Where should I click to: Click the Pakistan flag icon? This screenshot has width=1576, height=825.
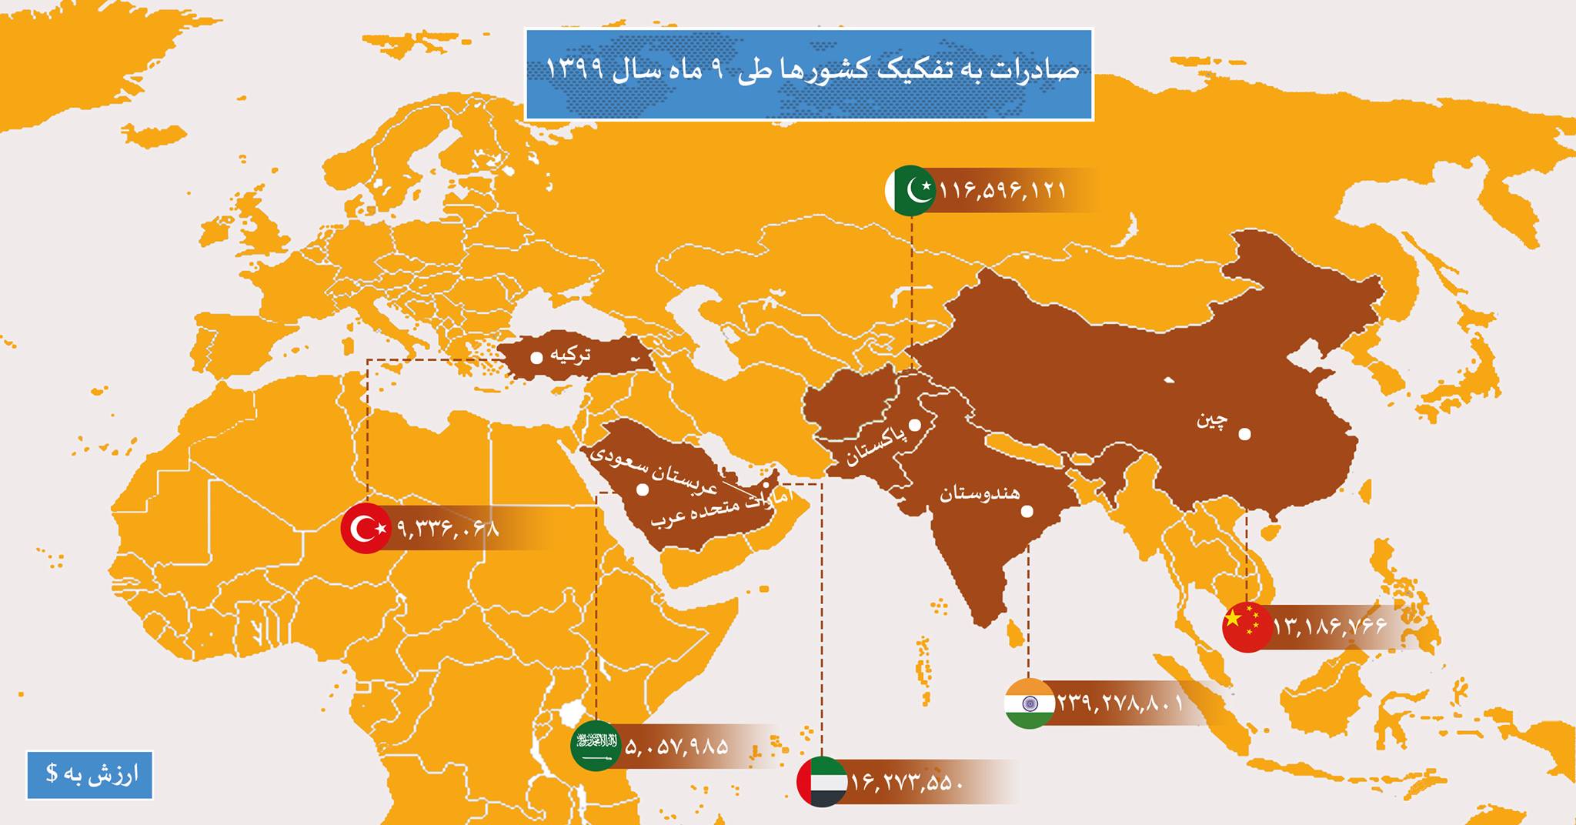(910, 189)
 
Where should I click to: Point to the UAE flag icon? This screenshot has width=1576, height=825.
(823, 782)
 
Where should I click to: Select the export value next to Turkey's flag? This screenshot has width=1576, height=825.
(449, 529)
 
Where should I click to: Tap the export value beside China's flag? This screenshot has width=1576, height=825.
(1330, 626)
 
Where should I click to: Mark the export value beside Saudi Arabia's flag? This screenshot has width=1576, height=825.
(677, 746)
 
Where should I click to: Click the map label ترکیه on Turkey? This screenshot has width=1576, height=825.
(571, 355)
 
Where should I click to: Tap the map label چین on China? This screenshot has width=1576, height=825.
(1212, 420)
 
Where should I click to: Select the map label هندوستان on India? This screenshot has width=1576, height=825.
(979, 493)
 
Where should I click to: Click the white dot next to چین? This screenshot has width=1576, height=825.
(1244, 434)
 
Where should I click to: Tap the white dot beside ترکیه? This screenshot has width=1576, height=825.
(536, 357)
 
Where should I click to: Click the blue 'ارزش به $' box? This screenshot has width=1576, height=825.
(89, 775)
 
